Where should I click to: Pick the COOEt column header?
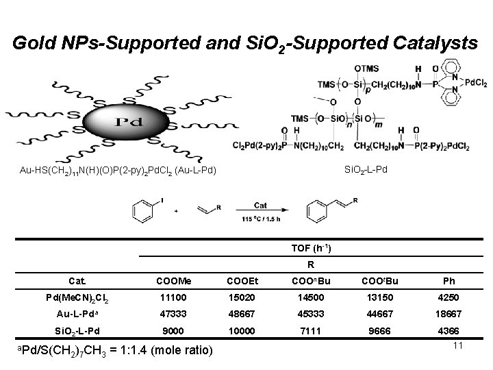[237, 280]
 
